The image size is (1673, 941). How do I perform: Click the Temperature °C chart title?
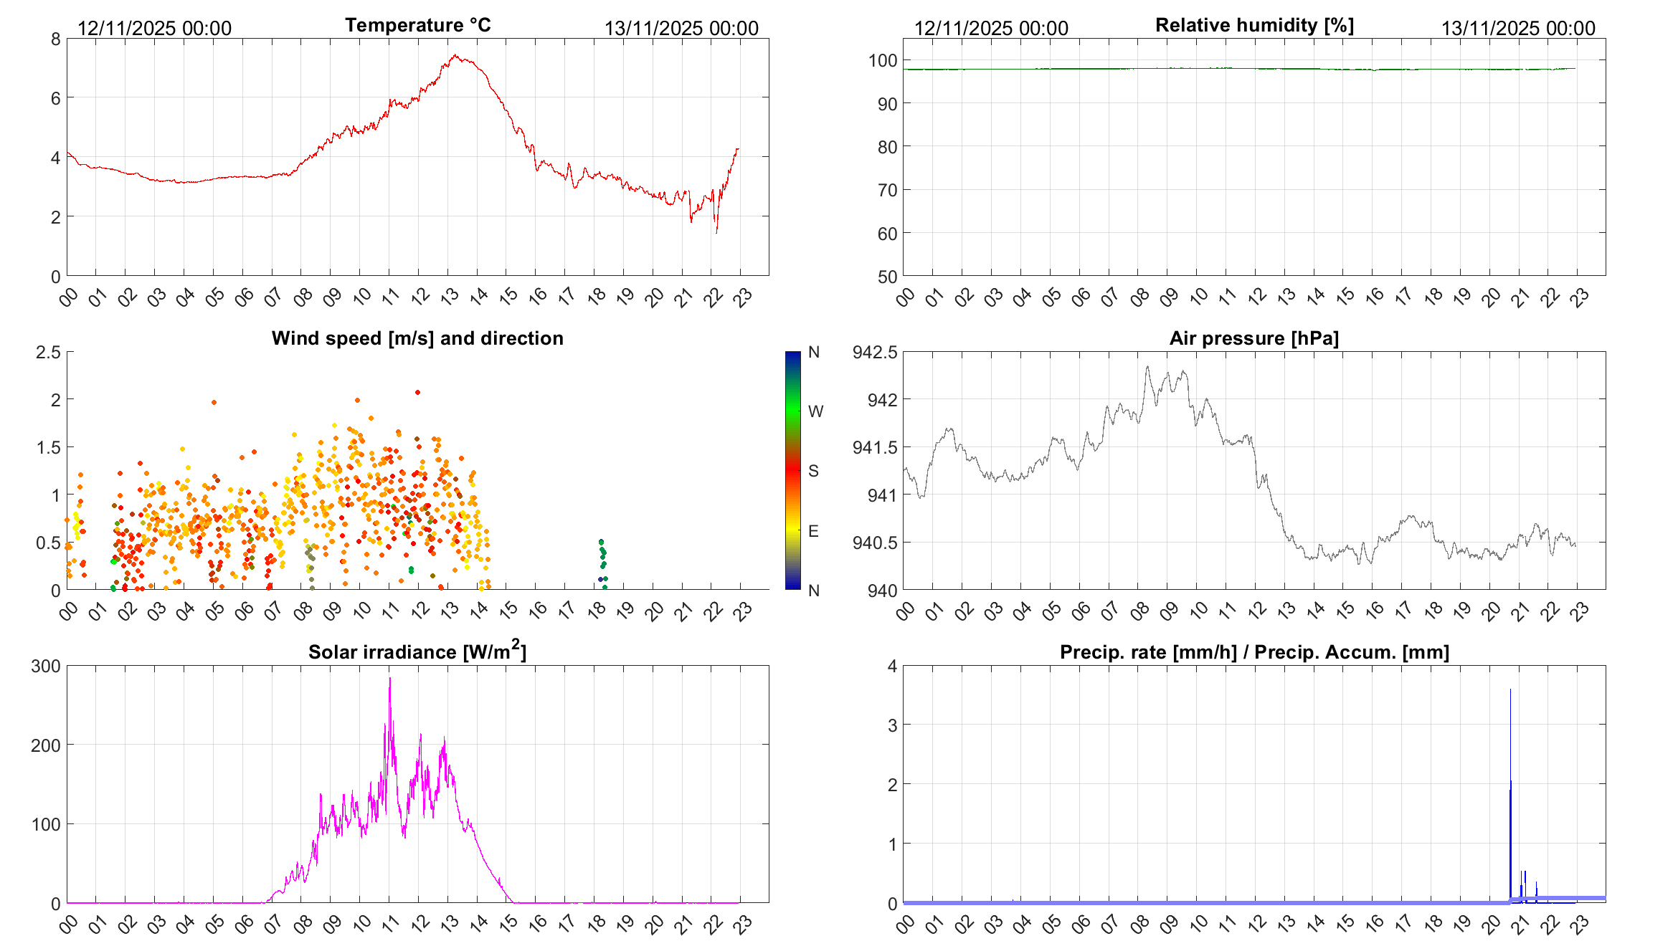pyautogui.click(x=418, y=25)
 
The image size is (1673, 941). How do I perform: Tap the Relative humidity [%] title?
pyautogui.click(x=1254, y=25)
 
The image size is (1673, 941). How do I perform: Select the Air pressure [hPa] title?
pyautogui.click(x=1253, y=338)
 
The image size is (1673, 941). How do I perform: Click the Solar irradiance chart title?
pyautogui.click(x=417, y=651)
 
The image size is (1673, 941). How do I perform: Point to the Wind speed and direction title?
pyautogui.click(x=417, y=338)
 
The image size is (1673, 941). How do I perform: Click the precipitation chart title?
pyautogui.click(x=1254, y=652)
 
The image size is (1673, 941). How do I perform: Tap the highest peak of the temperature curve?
pyautogui.click(x=455, y=55)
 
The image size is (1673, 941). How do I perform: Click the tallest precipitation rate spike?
pyautogui.click(x=1510, y=690)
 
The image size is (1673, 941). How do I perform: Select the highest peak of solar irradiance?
pyautogui.click(x=390, y=679)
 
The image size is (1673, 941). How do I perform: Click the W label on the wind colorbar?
pyautogui.click(x=815, y=411)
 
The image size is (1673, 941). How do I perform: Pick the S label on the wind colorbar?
pyautogui.click(x=813, y=471)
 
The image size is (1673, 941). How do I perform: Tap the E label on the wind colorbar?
pyautogui.click(x=813, y=531)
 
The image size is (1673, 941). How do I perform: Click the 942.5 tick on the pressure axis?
pyautogui.click(x=874, y=352)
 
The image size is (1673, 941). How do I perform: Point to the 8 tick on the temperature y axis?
pyautogui.click(x=56, y=39)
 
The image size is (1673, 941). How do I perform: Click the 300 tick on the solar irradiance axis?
pyautogui.click(x=46, y=666)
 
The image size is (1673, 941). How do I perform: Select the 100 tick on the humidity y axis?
pyautogui.click(x=883, y=61)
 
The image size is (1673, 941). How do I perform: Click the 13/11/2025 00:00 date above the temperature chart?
pyautogui.click(x=681, y=29)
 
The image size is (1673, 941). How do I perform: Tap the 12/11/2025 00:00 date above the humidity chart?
pyautogui.click(x=991, y=29)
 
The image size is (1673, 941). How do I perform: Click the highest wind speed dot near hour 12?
pyautogui.click(x=417, y=392)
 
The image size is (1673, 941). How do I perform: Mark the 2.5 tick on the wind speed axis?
pyautogui.click(x=48, y=352)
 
